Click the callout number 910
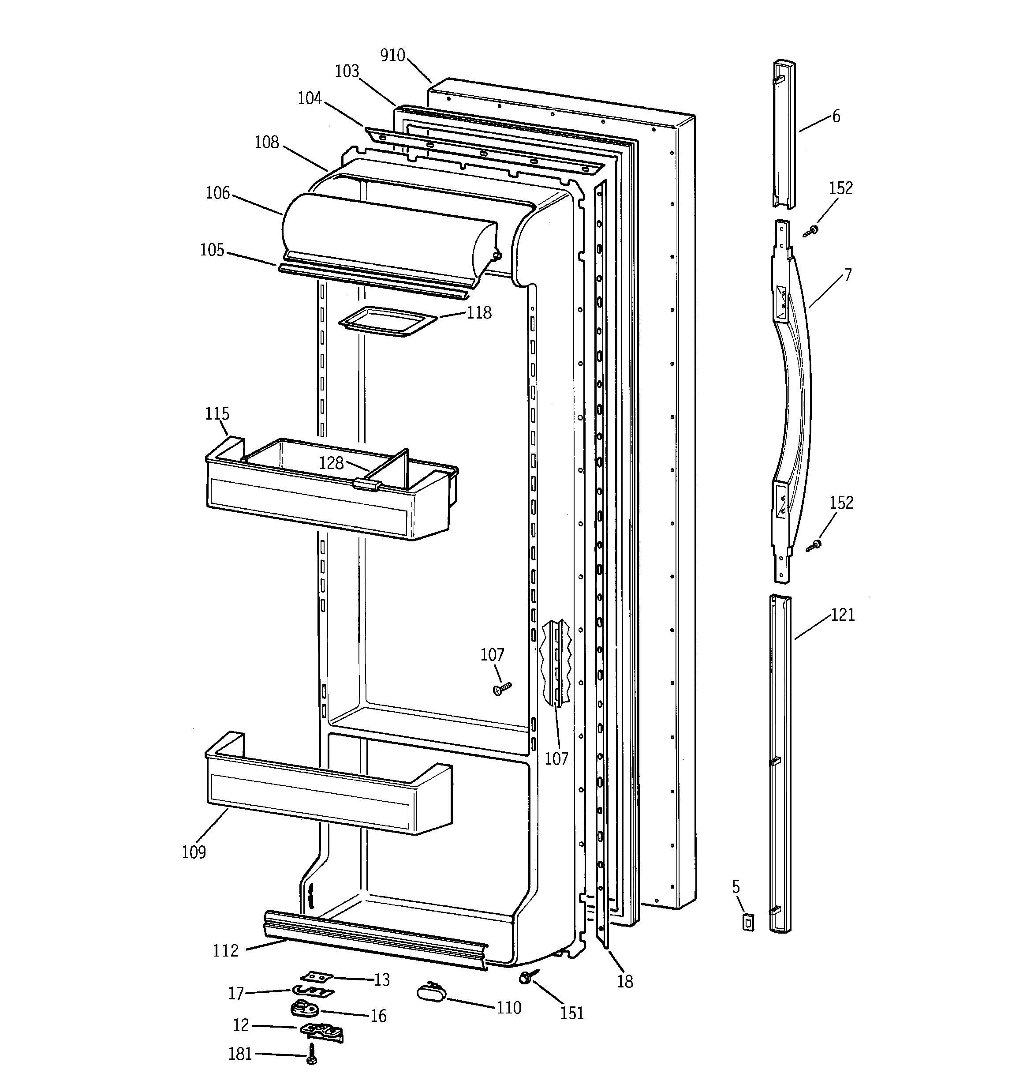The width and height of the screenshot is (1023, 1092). coord(392,56)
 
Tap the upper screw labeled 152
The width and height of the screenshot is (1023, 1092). coord(810,231)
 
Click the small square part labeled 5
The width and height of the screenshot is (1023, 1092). coord(747,922)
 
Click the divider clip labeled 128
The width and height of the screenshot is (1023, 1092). coord(367,484)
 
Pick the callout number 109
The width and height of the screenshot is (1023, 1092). coord(194,852)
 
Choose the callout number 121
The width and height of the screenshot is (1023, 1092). coord(843,615)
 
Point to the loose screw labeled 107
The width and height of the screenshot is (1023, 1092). coord(502,689)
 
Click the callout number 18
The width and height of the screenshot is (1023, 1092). coord(625,981)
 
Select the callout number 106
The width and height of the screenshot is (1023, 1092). coord(217,193)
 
